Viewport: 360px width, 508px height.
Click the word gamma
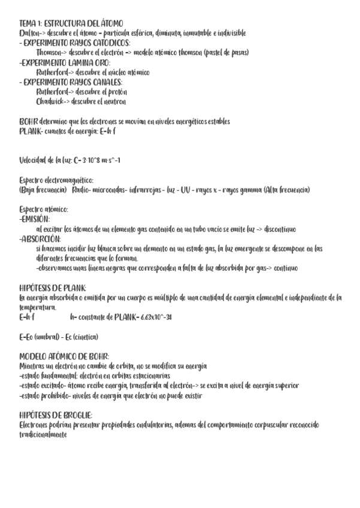(247, 190)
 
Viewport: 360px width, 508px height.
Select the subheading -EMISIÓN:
(35, 219)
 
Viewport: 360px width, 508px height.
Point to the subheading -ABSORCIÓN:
(40, 238)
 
